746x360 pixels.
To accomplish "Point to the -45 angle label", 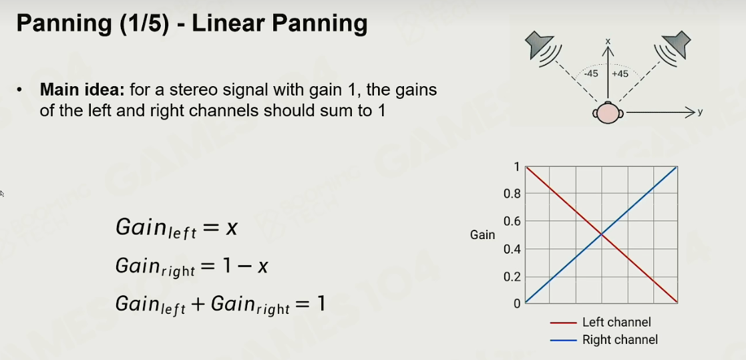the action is click(591, 73).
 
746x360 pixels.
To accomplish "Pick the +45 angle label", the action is click(620, 73).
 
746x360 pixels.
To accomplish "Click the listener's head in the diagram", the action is click(608, 113).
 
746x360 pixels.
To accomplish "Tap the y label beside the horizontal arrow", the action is click(700, 112).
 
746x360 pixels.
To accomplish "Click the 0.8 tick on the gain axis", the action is click(512, 194).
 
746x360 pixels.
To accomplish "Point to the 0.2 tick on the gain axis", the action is click(512, 277).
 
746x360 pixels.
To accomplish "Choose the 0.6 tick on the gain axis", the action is click(512, 222).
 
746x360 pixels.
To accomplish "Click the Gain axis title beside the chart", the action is click(482, 235).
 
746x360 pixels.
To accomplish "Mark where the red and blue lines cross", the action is click(601, 234).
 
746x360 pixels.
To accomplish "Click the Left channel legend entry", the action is click(600, 323).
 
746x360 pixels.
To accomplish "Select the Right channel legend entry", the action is click(604, 340).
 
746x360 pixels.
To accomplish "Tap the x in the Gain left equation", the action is click(231, 228).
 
